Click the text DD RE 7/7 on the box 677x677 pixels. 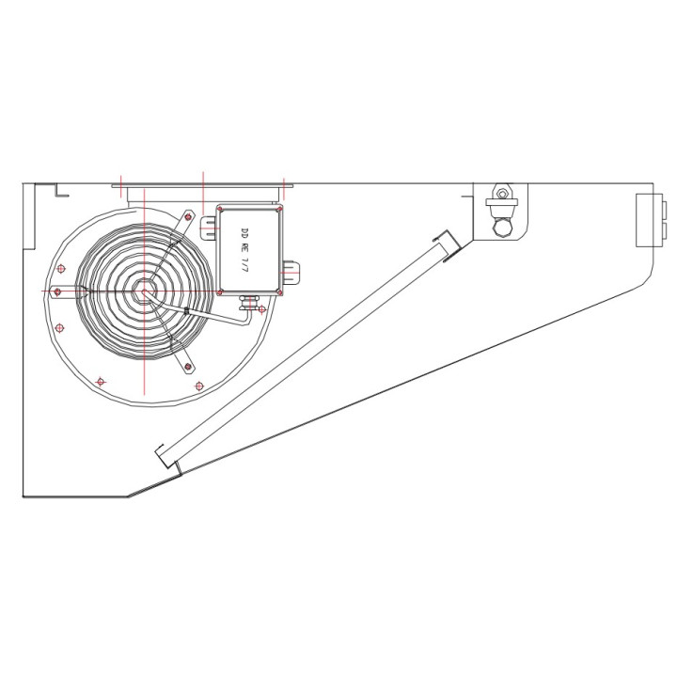[245, 249]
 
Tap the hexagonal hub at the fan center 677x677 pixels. [143, 291]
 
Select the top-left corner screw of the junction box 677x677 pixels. [220, 209]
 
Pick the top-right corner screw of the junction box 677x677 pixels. [279, 209]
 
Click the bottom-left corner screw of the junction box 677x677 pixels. [220, 292]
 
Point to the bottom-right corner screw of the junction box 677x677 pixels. [279, 292]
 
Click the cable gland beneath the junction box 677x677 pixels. [249, 302]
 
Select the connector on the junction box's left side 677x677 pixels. [209, 227]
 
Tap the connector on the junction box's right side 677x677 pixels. [291, 271]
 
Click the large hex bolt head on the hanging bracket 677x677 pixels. [502, 228]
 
